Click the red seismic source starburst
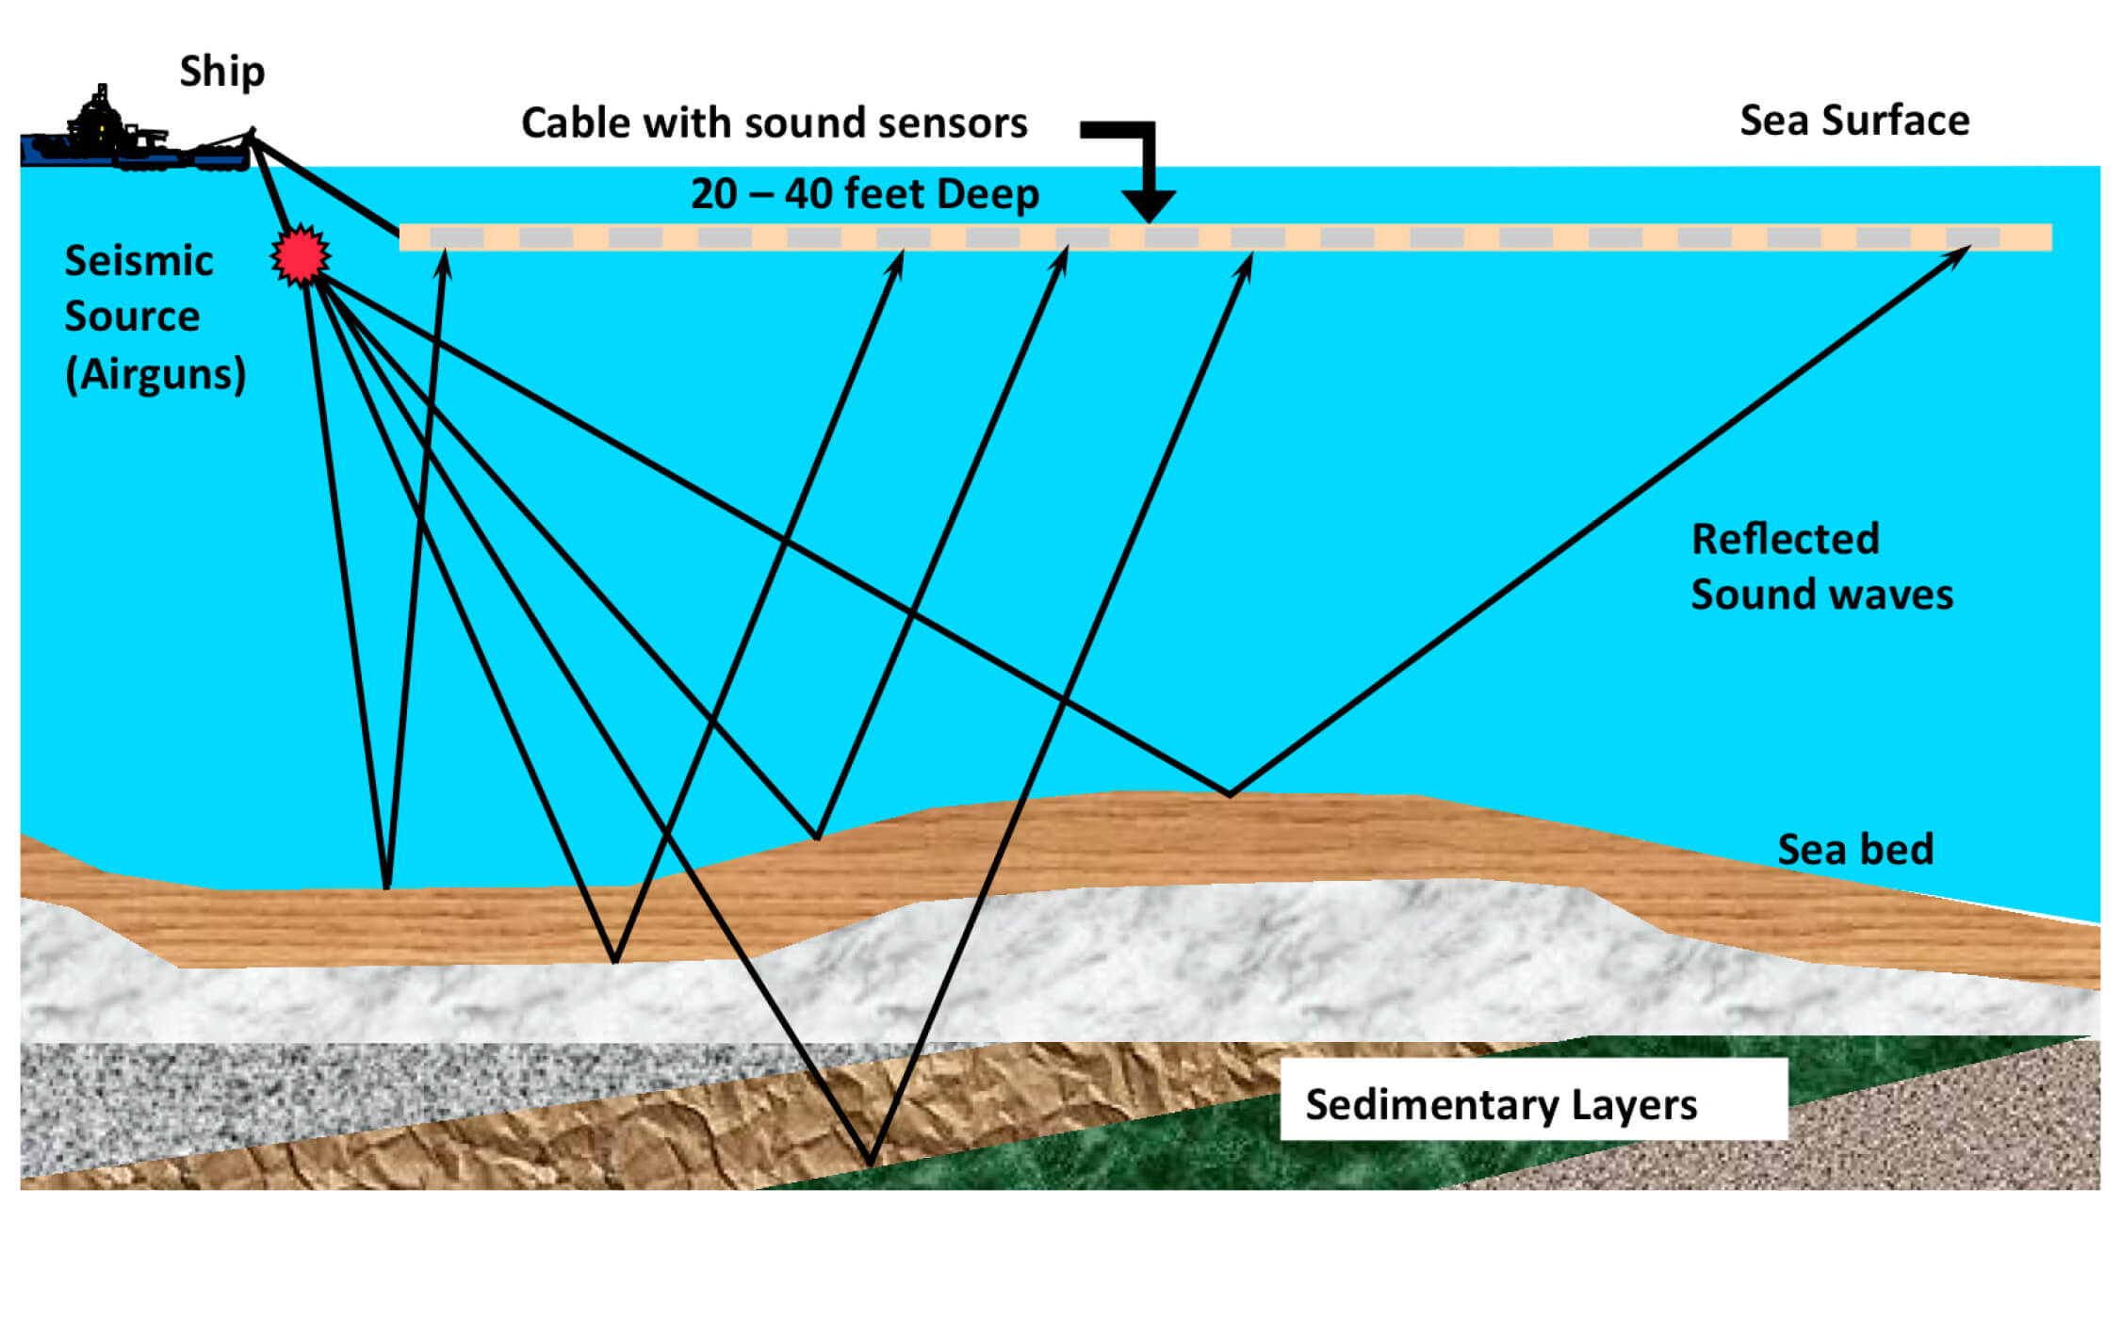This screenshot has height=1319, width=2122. [301, 255]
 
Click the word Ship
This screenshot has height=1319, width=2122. [222, 73]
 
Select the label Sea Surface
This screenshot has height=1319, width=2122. [1853, 122]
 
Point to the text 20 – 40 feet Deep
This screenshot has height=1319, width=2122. [864, 194]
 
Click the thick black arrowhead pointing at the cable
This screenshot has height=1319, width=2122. [1148, 204]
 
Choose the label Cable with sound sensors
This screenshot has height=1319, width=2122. [774, 123]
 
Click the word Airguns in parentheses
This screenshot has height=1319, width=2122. [155, 374]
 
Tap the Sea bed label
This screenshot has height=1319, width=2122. [1854, 850]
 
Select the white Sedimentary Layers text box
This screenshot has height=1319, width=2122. [1532, 1099]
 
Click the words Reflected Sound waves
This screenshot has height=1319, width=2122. [1820, 567]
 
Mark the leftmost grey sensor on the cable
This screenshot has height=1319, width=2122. [457, 237]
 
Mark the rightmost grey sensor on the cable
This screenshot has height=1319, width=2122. [1972, 237]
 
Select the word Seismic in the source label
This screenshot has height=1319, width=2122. [139, 261]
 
